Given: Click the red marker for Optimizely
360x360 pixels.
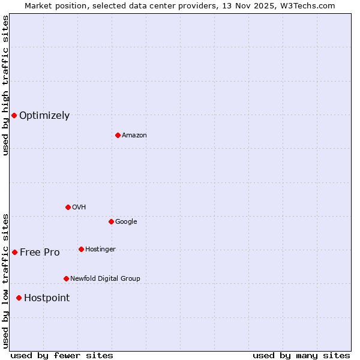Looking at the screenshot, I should (x=14, y=115).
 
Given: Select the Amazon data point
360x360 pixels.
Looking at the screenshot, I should (x=118, y=135).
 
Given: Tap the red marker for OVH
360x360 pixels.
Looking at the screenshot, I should (x=68, y=207).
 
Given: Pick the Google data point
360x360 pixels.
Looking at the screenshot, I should (x=111, y=221).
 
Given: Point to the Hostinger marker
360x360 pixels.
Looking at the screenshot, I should (x=81, y=249).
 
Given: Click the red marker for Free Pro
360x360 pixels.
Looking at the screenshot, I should (x=14, y=252).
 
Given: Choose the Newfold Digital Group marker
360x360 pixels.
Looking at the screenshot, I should (x=66, y=278).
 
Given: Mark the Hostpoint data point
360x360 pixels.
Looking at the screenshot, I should (x=19, y=298).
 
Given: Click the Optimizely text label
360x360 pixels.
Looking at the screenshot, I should (x=44, y=116).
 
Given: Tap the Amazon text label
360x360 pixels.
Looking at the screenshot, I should (x=134, y=136).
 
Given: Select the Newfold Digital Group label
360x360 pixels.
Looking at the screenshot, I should (x=105, y=278).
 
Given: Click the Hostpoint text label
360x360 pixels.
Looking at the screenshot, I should (x=47, y=298).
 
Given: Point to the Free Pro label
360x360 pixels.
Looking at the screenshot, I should (x=40, y=253).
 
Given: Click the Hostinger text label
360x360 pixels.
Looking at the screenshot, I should (x=100, y=249).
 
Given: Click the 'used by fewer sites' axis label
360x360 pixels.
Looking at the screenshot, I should (x=62, y=355).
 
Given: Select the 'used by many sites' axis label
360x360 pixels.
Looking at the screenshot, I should (x=301, y=355).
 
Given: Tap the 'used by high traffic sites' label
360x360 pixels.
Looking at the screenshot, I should (x=5, y=86).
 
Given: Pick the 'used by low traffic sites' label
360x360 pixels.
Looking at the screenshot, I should (x=5, y=281).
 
